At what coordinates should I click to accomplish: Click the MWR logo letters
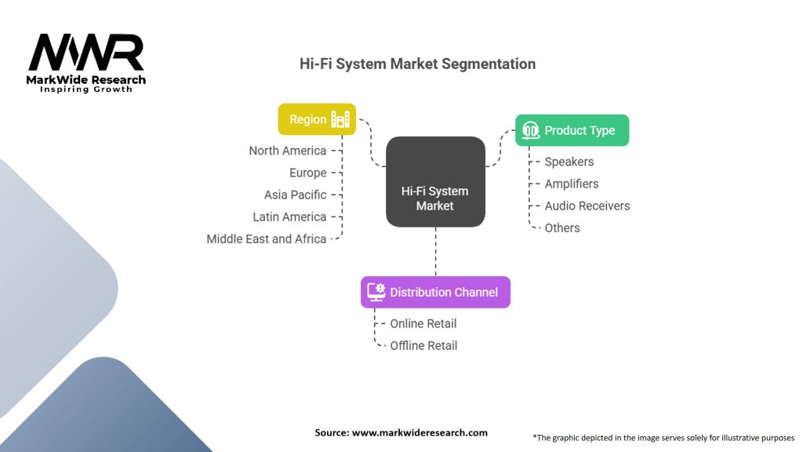[x=86, y=52]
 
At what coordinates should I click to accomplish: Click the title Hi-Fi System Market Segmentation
[x=417, y=64]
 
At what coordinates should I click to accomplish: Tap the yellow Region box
[x=317, y=119]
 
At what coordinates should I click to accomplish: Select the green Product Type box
[x=572, y=130]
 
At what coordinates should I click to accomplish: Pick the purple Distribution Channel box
[x=435, y=292]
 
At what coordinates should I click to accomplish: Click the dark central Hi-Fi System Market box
[x=435, y=181]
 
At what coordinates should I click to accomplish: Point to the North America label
[x=287, y=151]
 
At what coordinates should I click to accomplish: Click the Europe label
[x=307, y=173]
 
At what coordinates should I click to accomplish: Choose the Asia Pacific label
[x=295, y=195]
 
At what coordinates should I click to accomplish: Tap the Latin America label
[x=289, y=217]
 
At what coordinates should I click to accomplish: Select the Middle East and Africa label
[x=267, y=239]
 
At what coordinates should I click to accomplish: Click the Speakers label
[x=569, y=162]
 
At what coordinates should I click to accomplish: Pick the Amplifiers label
[x=572, y=184]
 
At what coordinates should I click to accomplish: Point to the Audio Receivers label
[x=587, y=206]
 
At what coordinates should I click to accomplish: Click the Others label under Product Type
[x=562, y=228]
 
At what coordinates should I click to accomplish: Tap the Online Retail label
[x=423, y=324]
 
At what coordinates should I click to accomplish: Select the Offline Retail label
[x=423, y=346]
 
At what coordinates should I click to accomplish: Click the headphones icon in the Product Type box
[x=531, y=130]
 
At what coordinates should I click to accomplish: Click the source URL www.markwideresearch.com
[x=420, y=432]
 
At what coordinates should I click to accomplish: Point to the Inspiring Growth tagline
[x=86, y=89]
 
